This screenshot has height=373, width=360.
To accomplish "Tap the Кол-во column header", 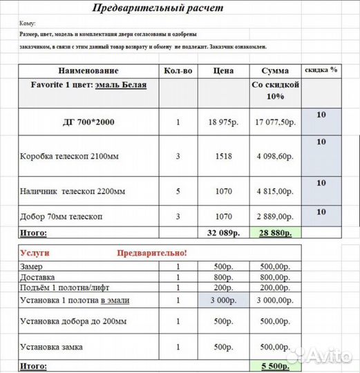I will coord(177,71).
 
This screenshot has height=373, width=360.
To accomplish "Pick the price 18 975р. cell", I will coord(223,122).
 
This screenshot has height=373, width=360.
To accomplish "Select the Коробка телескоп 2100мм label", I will coord(70,157).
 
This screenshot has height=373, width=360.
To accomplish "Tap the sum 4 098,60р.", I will coord(276,157).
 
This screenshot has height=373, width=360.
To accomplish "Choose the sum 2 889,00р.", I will coord(276,216).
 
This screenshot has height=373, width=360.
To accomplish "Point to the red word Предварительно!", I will coord(153,254).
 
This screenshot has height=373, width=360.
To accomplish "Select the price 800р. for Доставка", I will coord(223,277).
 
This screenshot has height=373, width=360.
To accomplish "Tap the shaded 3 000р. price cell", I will coord(223,300).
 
